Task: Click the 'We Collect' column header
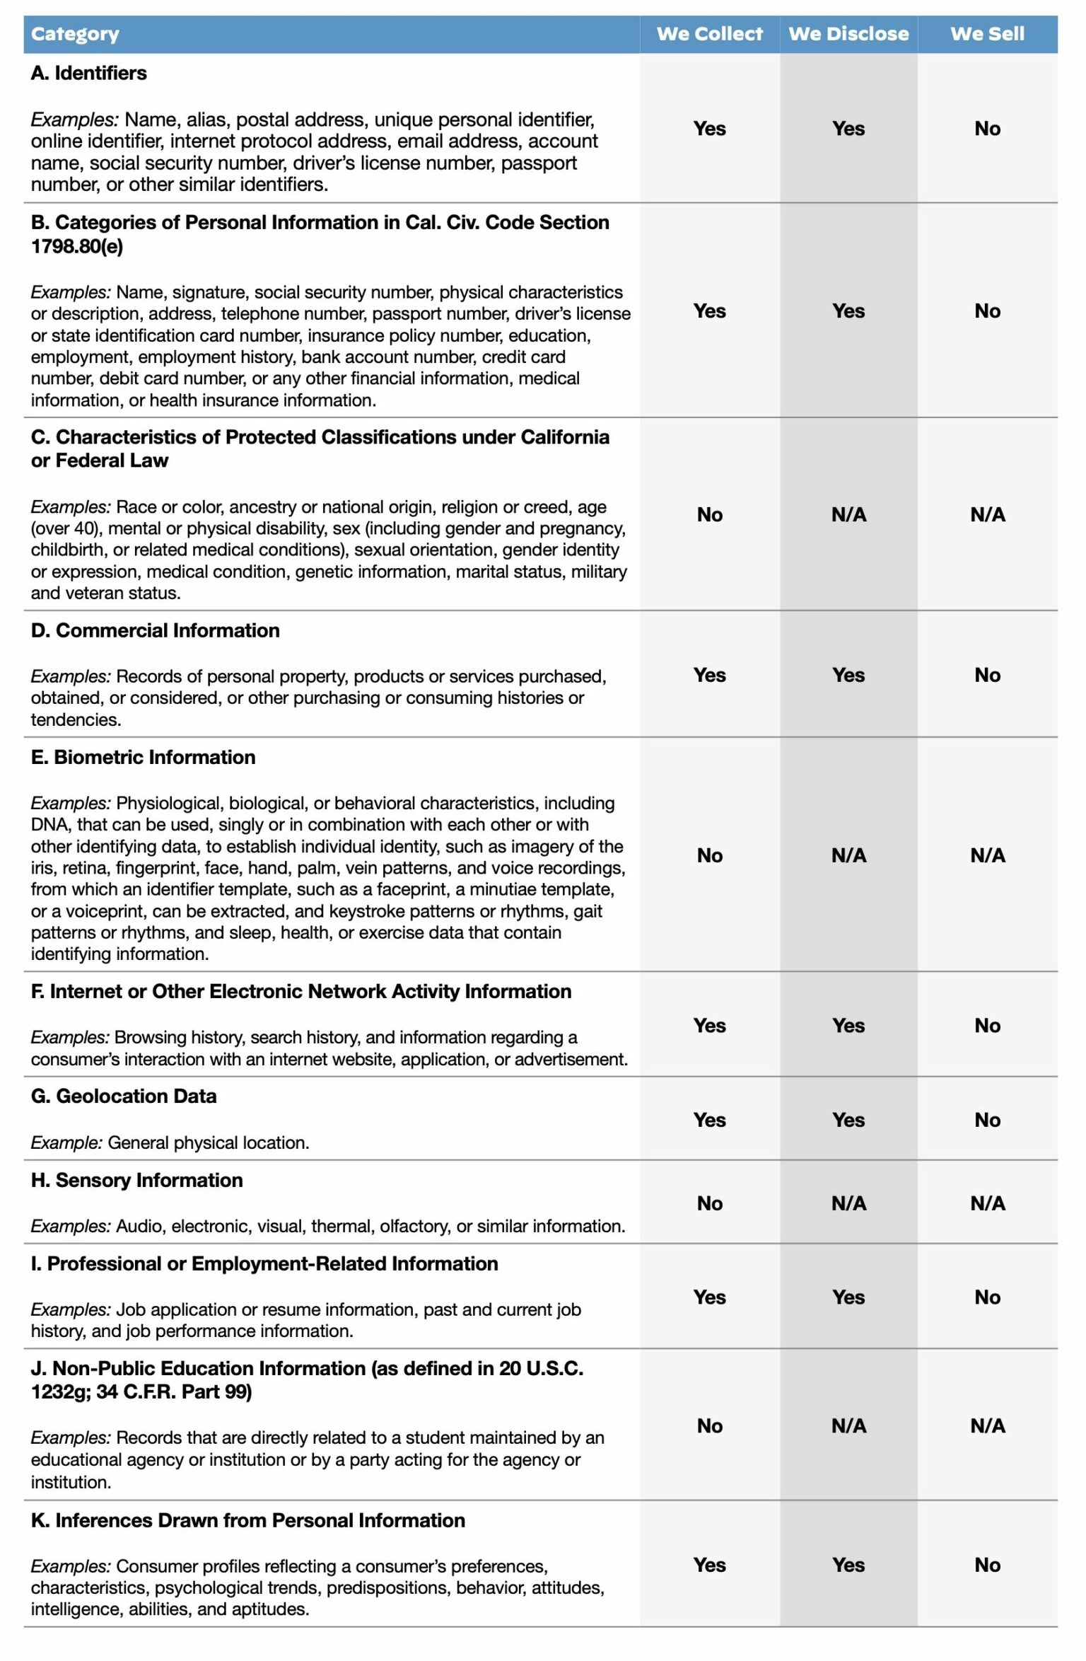click(x=709, y=34)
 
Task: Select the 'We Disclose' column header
click(x=848, y=34)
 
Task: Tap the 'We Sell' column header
click(x=987, y=34)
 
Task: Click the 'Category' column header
click(x=75, y=34)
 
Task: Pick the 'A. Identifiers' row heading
click(x=88, y=73)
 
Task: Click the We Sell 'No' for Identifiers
click(x=987, y=128)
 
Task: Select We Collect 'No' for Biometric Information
click(x=709, y=855)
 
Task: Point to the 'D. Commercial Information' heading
click(x=155, y=630)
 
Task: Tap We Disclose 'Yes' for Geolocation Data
click(x=848, y=1120)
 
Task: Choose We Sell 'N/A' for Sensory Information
click(x=987, y=1203)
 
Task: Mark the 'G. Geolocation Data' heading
click(x=124, y=1096)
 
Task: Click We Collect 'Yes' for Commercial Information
click(x=709, y=675)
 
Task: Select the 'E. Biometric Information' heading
click(x=143, y=757)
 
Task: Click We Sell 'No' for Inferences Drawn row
click(x=987, y=1565)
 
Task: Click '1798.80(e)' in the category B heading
click(x=76, y=246)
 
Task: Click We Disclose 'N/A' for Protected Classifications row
click(x=848, y=514)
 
